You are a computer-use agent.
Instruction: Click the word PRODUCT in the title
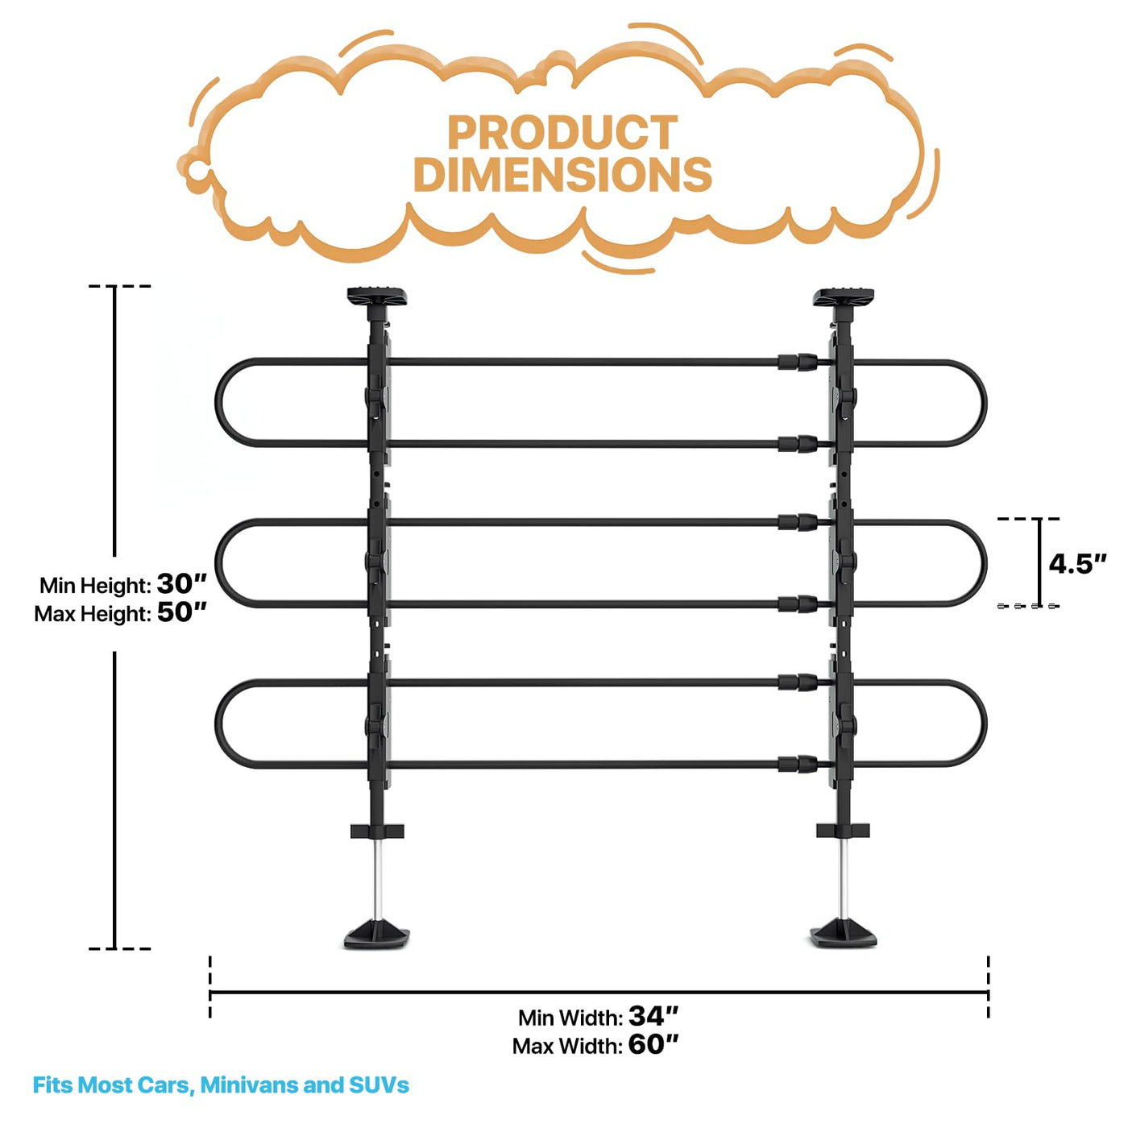[x=562, y=133]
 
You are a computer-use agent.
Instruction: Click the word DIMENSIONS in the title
[x=562, y=175]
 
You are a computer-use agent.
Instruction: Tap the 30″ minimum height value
[x=181, y=583]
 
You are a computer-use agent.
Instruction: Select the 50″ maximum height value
[x=181, y=612]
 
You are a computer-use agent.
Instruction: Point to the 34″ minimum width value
[x=653, y=1016]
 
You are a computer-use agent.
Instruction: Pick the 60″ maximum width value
[x=653, y=1044]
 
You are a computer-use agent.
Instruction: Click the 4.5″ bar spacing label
[x=1076, y=564]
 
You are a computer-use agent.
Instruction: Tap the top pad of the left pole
[x=377, y=297]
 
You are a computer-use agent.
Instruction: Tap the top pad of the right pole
[x=844, y=297]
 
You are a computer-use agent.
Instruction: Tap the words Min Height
[x=95, y=585]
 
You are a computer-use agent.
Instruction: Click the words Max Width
[x=567, y=1046]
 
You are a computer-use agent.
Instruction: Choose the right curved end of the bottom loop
[x=983, y=724]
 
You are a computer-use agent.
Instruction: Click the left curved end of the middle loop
[x=219, y=563]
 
